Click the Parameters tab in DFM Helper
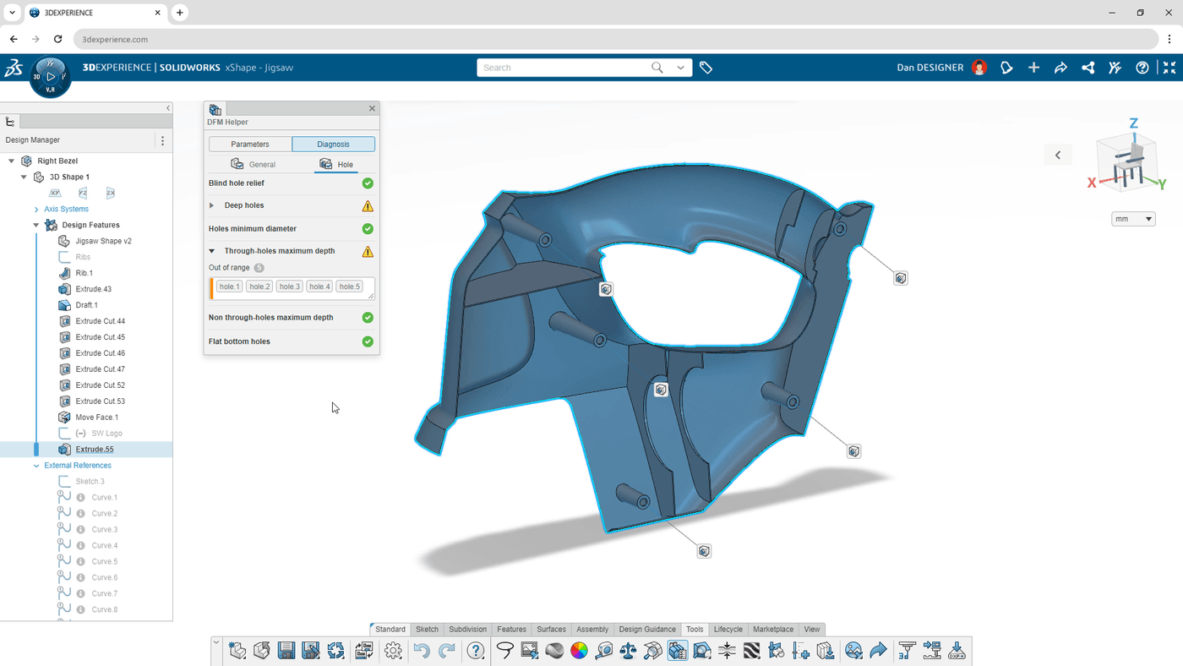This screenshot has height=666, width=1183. [250, 145]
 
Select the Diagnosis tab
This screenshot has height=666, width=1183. [333, 145]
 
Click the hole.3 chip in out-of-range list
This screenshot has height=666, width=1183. [289, 287]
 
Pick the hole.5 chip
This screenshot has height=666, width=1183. [349, 287]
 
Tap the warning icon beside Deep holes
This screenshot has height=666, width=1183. [368, 206]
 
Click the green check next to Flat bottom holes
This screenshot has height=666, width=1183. [368, 341]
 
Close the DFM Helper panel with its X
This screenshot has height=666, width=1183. [372, 108]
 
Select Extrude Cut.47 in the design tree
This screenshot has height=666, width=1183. [100, 369]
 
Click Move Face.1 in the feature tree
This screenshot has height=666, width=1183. [96, 418]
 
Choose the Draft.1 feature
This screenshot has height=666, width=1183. [86, 305]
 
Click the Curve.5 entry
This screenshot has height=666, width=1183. [104, 561]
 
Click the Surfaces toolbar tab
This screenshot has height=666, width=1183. [551, 630]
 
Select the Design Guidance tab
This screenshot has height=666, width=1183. [647, 630]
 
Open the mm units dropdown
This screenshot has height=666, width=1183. [1133, 219]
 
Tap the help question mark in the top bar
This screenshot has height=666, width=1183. [1142, 68]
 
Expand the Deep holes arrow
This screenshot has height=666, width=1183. [212, 205]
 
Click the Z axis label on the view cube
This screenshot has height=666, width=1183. [1133, 123]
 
